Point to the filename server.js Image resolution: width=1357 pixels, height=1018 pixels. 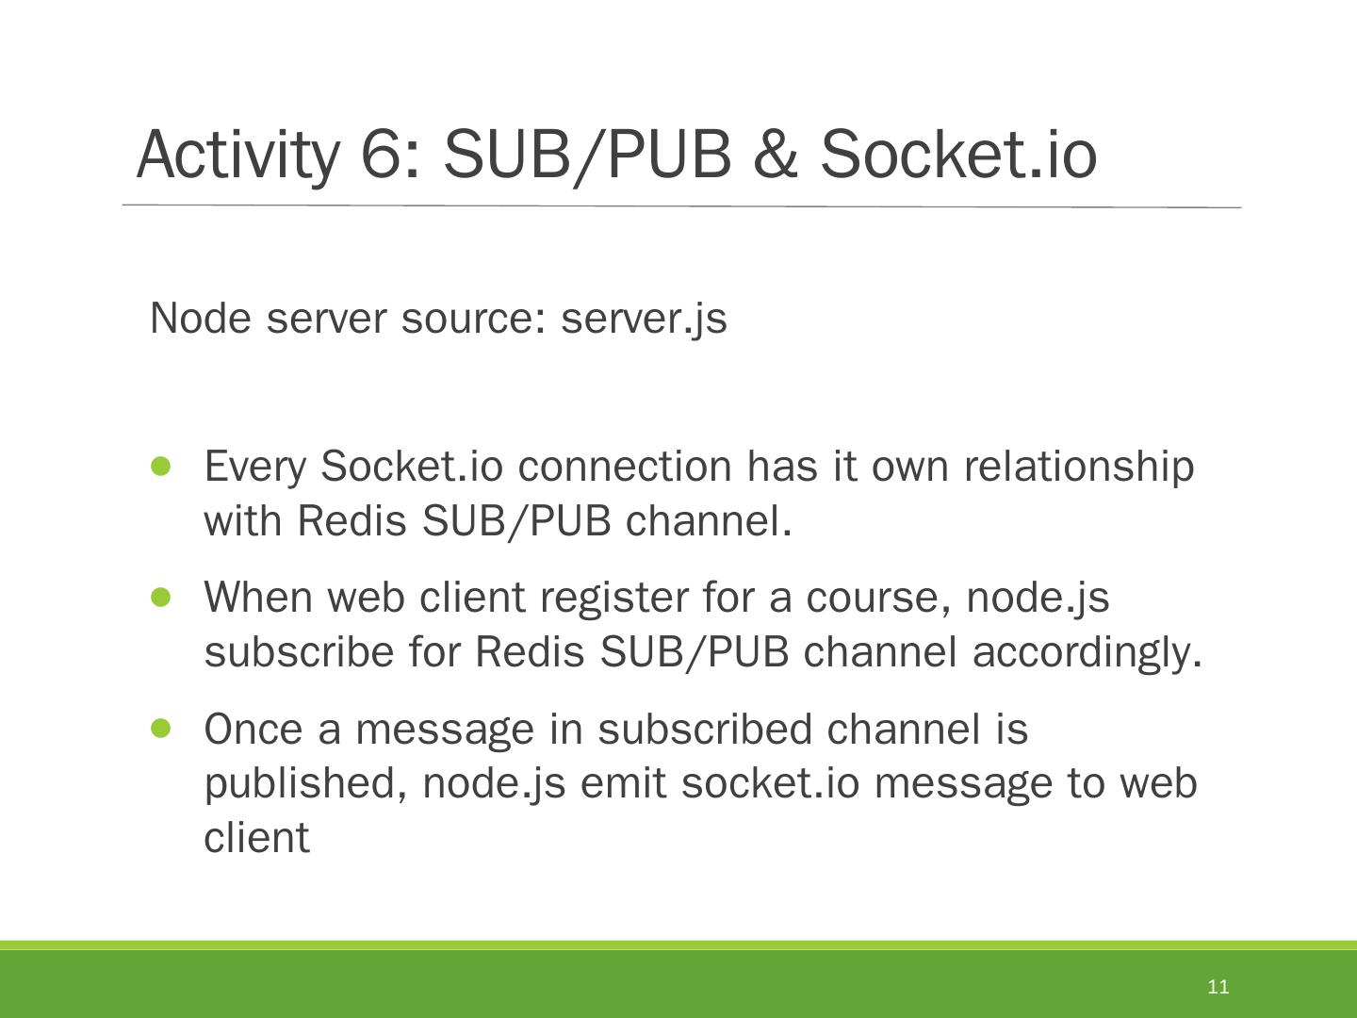(x=644, y=319)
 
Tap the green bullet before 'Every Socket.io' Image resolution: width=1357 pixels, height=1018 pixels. (x=161, y=466)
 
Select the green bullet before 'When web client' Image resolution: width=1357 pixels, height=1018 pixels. (x=161, y=597)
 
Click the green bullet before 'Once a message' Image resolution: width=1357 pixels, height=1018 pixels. (x=161, y=728)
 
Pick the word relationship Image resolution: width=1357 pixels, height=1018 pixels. (x=1078, y=468)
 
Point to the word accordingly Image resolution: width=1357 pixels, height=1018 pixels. (x=1087, y=652)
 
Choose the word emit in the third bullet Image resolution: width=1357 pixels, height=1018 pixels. (x=623, y=784)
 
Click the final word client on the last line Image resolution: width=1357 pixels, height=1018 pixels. (x=256, y=838)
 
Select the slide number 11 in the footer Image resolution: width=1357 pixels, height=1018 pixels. (x=1218, y=987)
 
